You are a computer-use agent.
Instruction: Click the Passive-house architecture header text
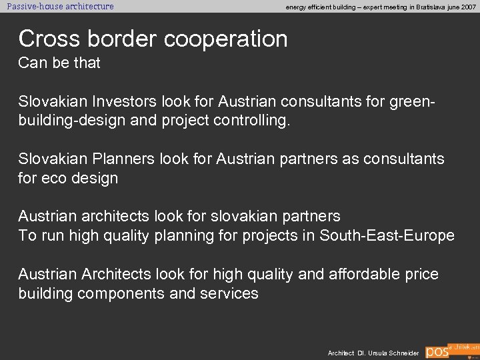point(60,7)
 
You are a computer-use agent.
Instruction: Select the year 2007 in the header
point(468,7)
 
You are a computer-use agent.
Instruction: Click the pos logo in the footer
point(437,352)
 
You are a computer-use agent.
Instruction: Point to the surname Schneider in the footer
point(402,353)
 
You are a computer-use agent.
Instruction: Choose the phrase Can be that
point(59,63)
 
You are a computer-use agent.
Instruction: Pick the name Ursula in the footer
point(373,353)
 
